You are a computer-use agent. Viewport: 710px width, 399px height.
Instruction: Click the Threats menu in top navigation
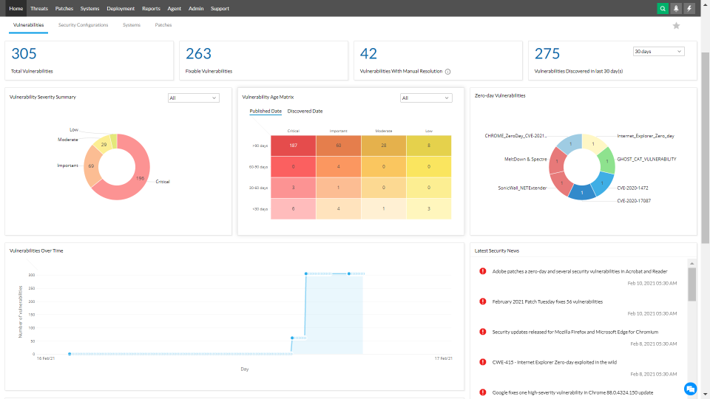pyautogui.click(x=39, y=9)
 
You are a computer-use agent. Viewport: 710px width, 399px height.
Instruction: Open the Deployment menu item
pyautogui.click(x=121, y=9)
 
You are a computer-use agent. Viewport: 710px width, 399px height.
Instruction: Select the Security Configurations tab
pyautogui.click(x=83, y=25)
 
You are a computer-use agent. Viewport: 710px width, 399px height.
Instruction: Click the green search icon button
pyautogui.click(x=663, y=9)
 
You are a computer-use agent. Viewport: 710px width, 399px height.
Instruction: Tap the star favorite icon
pyautogui.click(x=676, y=26)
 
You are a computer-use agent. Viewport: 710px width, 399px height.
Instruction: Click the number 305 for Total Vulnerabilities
pyautogui.click(x=24, y=54)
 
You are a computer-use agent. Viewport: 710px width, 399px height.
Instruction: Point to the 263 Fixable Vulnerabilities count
pyautogui.click(x=198, y=54)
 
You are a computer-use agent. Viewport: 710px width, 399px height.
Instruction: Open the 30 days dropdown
pyautogui.click(x=658, y=52)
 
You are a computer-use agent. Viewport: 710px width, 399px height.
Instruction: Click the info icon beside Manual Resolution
pyautogui.click(x=448, y=72)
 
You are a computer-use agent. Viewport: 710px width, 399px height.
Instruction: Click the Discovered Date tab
pyautogui.click(x=305, y=112)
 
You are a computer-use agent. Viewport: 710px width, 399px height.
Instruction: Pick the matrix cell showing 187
pyautogui.click(x=293, y=146)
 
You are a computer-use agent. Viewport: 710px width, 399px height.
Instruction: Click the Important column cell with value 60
pyautogui.click(x=338, y=146)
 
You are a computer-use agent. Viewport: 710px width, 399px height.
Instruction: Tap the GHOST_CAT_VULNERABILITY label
pyautogui.click(x=646, y=159)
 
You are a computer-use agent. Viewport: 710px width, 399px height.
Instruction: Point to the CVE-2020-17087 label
pyautogui.click(x=634, y=200)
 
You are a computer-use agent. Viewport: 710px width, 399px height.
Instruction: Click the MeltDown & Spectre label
pyautogui.click(x=525, y=159)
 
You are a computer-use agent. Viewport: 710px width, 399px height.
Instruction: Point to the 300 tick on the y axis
pyautogui.click(x=32, y=275)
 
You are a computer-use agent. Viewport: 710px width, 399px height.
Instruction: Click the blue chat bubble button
pyautogui.click(x=690, y=388)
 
